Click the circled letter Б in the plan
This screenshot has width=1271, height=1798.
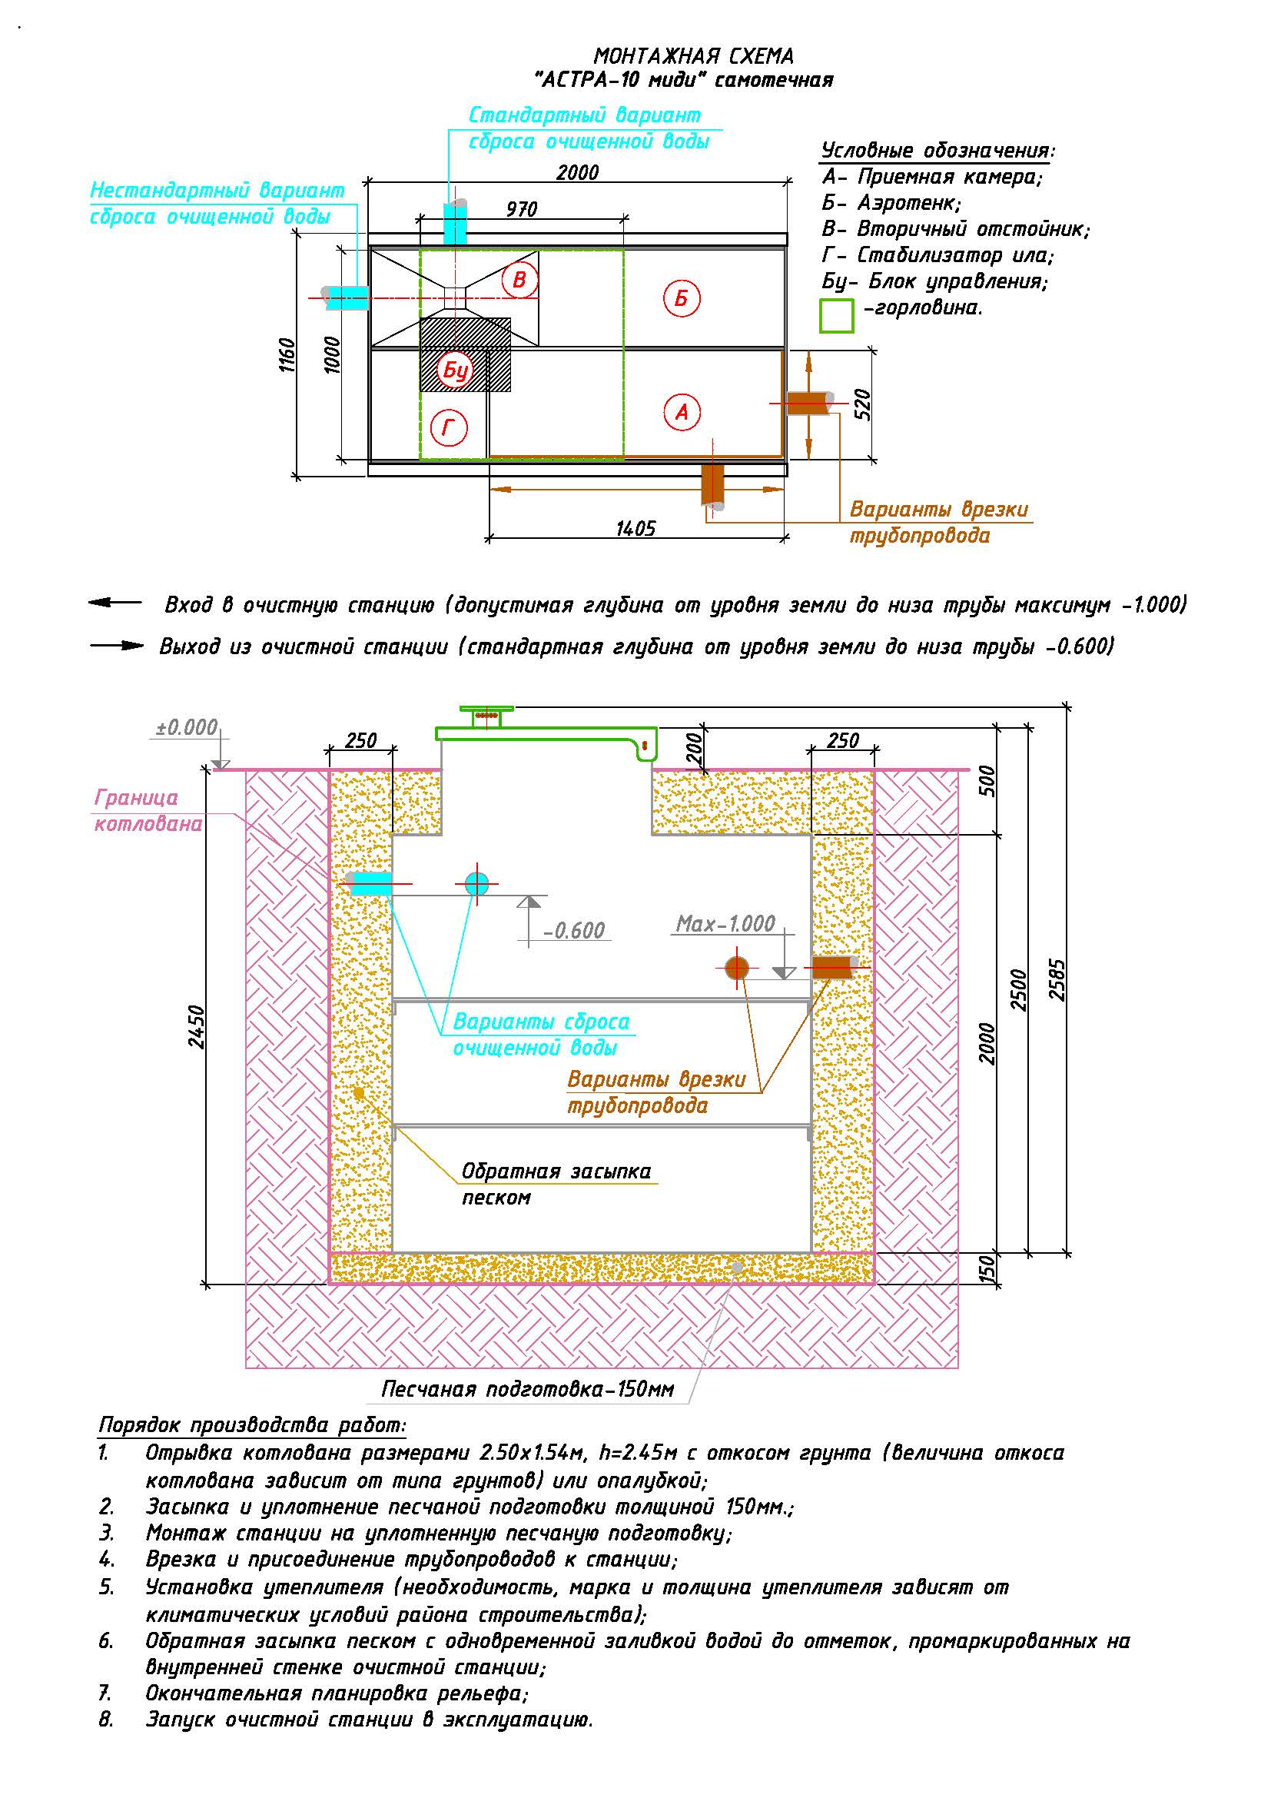[681, 298]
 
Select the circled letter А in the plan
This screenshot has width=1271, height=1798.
[681, 412]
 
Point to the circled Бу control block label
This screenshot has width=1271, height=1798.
[456, 371]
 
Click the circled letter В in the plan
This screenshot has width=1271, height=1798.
[519, 280]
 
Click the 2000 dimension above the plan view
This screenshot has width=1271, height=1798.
[578, 172]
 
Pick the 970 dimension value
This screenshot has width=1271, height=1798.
[521, 209]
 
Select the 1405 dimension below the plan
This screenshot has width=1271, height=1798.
[635, 529]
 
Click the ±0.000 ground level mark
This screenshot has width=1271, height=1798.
[186, 727]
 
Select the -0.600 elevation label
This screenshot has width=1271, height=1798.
[574, 930]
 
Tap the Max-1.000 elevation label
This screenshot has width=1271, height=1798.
[725, 924]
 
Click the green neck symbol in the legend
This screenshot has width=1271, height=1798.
[836, 316]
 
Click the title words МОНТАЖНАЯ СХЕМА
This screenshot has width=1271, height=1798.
[693, 56]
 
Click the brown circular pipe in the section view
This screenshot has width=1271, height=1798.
[736, 968]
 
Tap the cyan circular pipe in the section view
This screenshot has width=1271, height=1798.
[476, 884]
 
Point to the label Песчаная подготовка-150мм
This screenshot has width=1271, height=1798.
[527, 1389]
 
